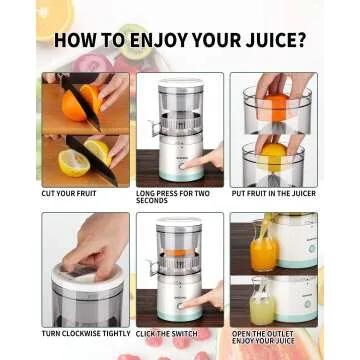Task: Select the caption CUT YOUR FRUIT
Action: [x=69, y=193]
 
